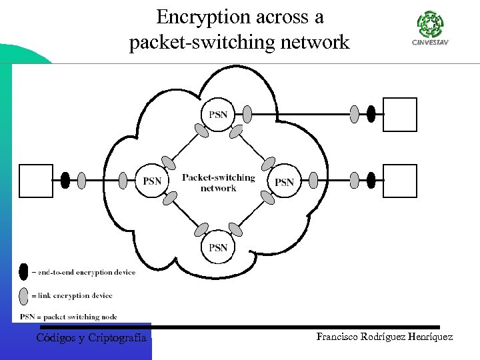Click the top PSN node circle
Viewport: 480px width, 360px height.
click(x=218, y=115)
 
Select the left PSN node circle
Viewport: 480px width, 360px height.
click(x=152, y=181)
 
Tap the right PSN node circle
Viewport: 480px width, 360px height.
click(x=284, y=181)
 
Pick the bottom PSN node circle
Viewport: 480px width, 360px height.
click(x=218, y=247)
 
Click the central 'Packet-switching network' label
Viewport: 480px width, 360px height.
click(x=218, y=182)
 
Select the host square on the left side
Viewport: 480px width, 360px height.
click(x=36, y=181)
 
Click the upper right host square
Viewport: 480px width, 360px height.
click(x=400, y=115)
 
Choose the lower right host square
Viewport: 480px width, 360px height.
click(x=400, y=181)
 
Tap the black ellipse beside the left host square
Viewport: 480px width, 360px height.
click(x=65, y=181)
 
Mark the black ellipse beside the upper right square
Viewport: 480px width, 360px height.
click(x=371, y=115)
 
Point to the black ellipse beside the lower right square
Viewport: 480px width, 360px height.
click(x=371, y=181)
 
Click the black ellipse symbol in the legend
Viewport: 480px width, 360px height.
click(x=24, y=272)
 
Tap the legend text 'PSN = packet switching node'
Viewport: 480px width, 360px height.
click(x=68, y=317)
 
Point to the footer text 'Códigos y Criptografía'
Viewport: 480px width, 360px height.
click(x=91, y=338)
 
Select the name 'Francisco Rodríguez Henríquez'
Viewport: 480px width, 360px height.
click(x=385, y=337)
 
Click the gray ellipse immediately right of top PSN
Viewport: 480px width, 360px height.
click(x=247, y=115)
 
